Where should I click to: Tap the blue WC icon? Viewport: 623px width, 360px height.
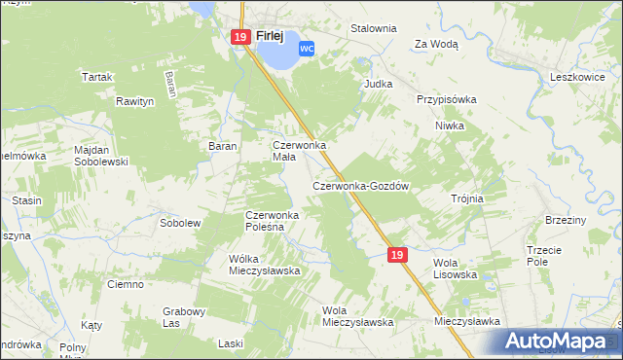point(307,48)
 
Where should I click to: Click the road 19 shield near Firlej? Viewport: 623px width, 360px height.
point(241,37)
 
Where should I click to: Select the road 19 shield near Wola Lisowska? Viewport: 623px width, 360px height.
point(396,254)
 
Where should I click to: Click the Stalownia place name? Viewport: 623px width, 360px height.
point(374,28)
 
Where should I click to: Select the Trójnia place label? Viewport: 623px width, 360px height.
point(467,198)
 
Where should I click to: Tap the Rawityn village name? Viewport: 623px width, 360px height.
point(135,100)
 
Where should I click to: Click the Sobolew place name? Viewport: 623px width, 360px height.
point(179,223)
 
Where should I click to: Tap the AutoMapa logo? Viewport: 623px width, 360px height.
point(557,342)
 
